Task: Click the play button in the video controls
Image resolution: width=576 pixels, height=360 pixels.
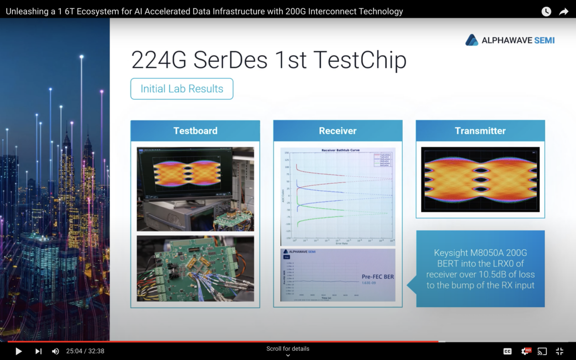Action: click(19, 351)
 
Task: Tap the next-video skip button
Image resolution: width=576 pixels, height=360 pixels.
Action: click(38, 351)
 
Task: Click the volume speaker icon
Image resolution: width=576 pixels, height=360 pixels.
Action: click(55, 351)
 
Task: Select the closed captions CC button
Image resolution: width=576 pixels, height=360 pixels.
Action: click(507, 351)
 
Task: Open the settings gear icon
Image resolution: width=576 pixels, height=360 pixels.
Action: click(525, 351)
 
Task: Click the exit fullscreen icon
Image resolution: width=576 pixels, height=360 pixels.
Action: click(560, 351)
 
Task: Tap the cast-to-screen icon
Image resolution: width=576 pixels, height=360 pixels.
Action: click(542, 351)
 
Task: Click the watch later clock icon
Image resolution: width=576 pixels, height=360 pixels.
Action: click(546, 12)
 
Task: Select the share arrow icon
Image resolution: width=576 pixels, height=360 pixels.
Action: click(564, 12)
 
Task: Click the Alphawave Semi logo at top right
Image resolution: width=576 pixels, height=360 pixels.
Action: click(510, 40)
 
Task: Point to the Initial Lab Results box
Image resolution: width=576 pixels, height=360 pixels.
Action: click(182, 89)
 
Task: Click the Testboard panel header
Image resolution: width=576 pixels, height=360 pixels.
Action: click(195, 131)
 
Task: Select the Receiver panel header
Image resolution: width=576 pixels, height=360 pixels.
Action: click(338, 131)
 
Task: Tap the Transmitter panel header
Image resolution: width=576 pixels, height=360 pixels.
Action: click(480, 131)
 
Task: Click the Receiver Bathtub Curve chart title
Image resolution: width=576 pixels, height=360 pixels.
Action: click(340, 150)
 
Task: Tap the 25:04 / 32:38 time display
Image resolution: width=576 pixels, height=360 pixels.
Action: click(85, 351)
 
